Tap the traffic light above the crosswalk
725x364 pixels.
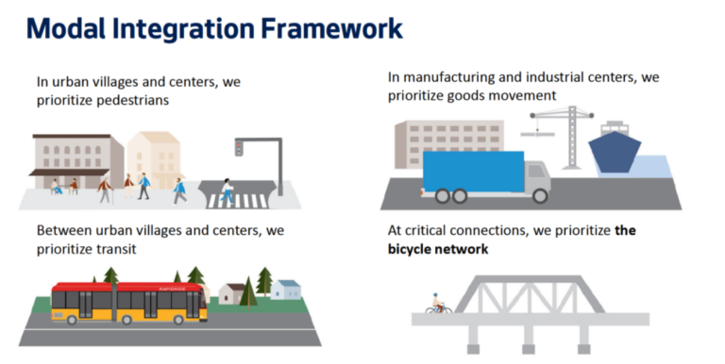pyautogui.click(x=240, y=147)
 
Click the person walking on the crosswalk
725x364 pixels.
pyautogui.click(x=227, y=191)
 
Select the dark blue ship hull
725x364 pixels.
pyautogui.click(x=615, y=154)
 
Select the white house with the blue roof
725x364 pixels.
pyautogui.click(x=288, y=290)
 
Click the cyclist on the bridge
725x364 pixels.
pyautogui.click(x=437, y=305)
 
